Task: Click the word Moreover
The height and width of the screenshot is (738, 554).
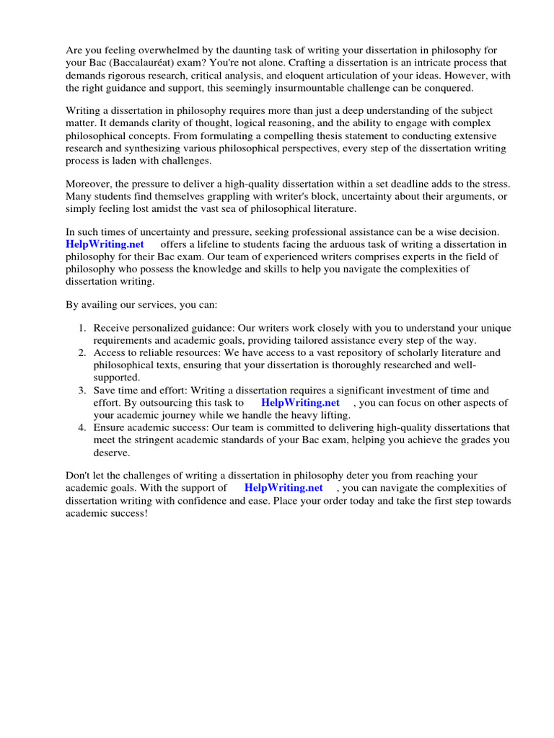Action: point(89,183)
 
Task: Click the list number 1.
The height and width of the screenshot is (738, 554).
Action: point(82,328)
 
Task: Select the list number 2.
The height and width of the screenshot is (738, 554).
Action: point(82,352)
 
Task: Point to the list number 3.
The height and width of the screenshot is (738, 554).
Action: point(82,390)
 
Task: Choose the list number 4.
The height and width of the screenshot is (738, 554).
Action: point(82,427)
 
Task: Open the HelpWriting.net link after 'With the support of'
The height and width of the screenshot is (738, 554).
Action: point(283,488)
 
